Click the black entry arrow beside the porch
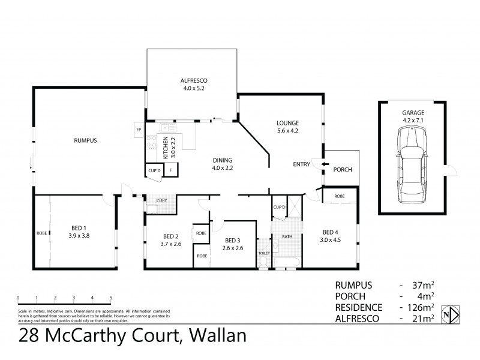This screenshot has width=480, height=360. pos(325,164)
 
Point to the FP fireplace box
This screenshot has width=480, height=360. pos(139,130)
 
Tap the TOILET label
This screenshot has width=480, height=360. pos(264,254)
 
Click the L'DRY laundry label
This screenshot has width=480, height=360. pos(161,200)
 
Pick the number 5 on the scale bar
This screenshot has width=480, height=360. pos(110,298)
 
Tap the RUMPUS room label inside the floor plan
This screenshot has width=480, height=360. pos(86,140)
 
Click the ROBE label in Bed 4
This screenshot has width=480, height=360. pos(340,196)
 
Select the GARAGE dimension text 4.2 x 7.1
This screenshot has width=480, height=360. pos(413,120)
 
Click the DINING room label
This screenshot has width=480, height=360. pos(222,160)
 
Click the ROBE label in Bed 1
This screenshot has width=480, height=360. pos(41,233)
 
